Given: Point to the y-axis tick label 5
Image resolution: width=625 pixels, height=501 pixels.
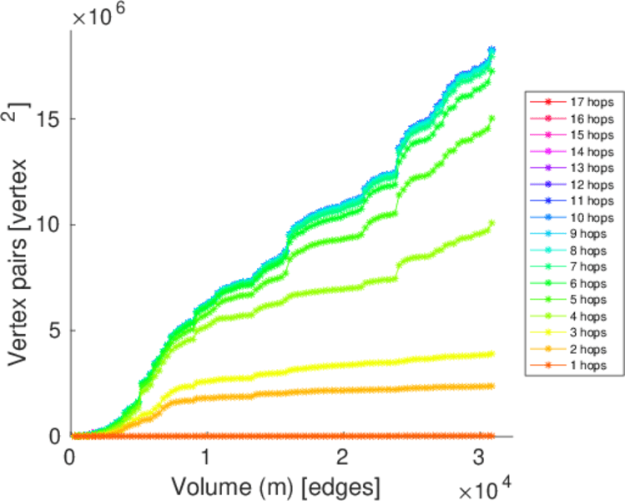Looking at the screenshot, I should [56, 330].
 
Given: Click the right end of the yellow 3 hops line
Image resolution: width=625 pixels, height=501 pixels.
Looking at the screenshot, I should [492, 354].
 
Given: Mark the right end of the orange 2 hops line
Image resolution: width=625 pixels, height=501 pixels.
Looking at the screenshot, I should [492, 386].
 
